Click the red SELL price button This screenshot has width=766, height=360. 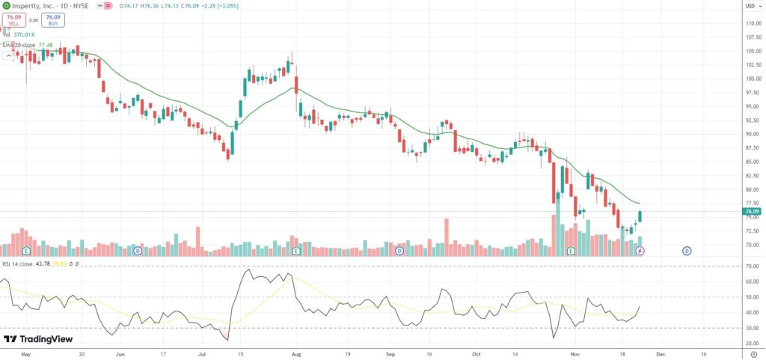click(13, 19)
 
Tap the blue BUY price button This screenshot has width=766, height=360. click(52, 19)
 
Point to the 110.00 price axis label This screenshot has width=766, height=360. click(751, 22)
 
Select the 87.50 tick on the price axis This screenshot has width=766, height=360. click(751, 147)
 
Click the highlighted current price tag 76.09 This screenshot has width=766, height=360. click(752, 211)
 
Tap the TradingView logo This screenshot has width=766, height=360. click(39, 339)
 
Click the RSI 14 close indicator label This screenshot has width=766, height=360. click(17, 263)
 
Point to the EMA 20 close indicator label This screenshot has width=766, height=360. click(19, 45)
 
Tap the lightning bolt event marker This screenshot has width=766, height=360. click(640, 250)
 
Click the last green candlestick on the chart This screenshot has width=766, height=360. click(640, 216)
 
